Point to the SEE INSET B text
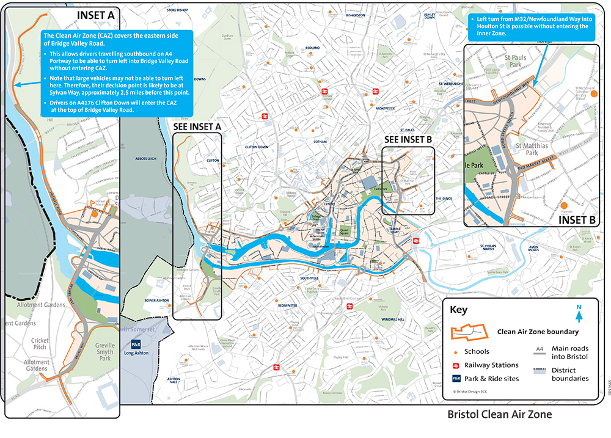tap(408, 139)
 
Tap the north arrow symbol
tap(578, 314)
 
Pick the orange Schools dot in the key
tap(455, 352)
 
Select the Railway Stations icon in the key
tap(455, 365)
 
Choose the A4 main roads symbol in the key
tap(540, 349)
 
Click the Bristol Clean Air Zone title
tap(499, 414)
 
